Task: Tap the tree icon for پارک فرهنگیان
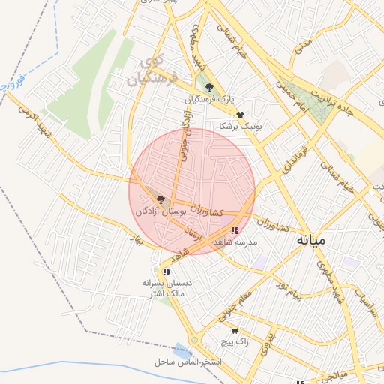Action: click(209, 87)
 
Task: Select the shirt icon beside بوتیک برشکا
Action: click(240, 115)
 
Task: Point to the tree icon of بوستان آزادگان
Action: click(160, 199)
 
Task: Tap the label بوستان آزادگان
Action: click(160, 212)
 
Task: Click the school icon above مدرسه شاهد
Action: click(235, 230)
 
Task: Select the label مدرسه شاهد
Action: click(235, 242)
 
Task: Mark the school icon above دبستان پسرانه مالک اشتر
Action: click(167, 271)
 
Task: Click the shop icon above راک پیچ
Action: click(235, 330)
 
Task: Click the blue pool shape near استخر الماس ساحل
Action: click(182, 350)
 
